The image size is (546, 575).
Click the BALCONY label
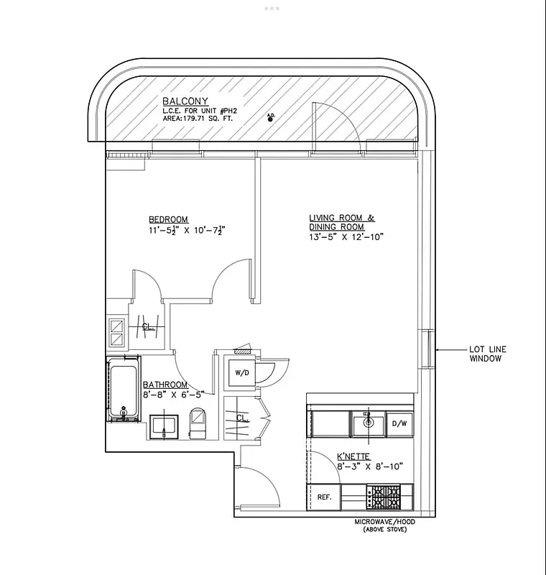point(185,101)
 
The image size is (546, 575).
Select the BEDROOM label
point(168,219)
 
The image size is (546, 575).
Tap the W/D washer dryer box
point(239,373)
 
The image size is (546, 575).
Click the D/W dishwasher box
point(399,423)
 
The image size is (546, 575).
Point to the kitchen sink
point(368,422)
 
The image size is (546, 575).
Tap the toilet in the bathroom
point(198,423)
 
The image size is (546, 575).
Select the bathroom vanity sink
point(165,425)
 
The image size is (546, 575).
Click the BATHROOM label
point(165,385)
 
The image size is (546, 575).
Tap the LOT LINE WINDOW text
point(488,354)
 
